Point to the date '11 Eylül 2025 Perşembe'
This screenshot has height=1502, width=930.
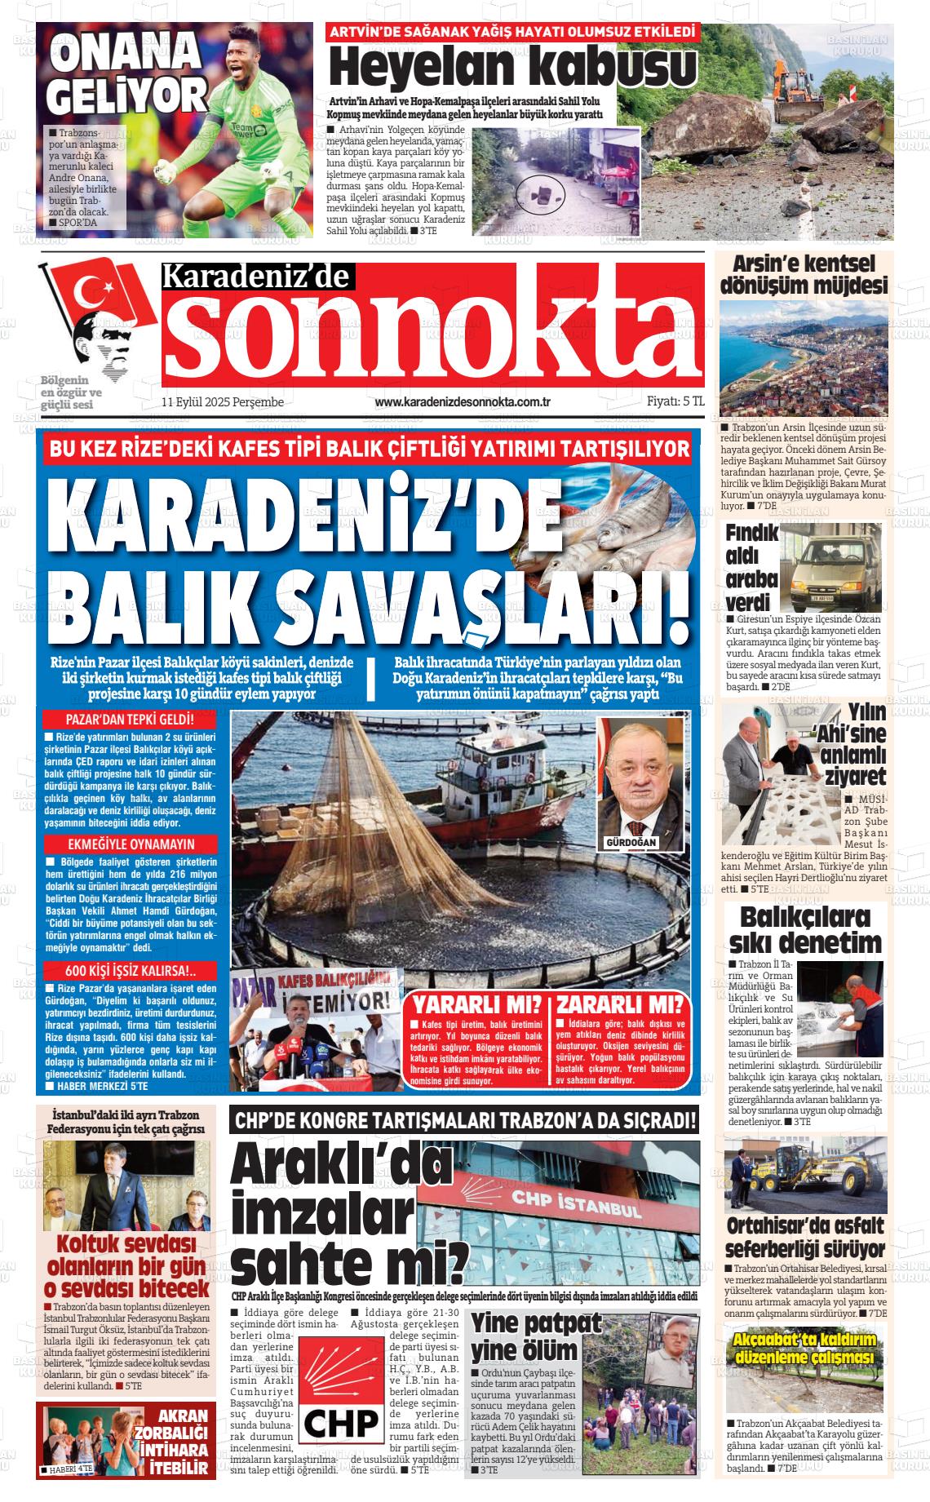click(x=222, y=402)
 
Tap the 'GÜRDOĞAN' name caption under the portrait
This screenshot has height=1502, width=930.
click(x=631, y=841)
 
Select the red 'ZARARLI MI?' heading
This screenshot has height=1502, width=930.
click(x=621, y=1004)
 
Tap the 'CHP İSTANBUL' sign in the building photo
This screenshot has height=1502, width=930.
click(x=576, y=1203)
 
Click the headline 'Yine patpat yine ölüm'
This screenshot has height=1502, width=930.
click(x=527, y=1335)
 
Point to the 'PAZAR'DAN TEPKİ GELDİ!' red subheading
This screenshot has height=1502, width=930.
click(x=130, y=720)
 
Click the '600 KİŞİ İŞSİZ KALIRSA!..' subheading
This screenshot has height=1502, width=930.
click(x=130, y=971)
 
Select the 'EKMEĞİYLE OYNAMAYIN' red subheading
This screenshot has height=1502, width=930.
click(x=130, y=844)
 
